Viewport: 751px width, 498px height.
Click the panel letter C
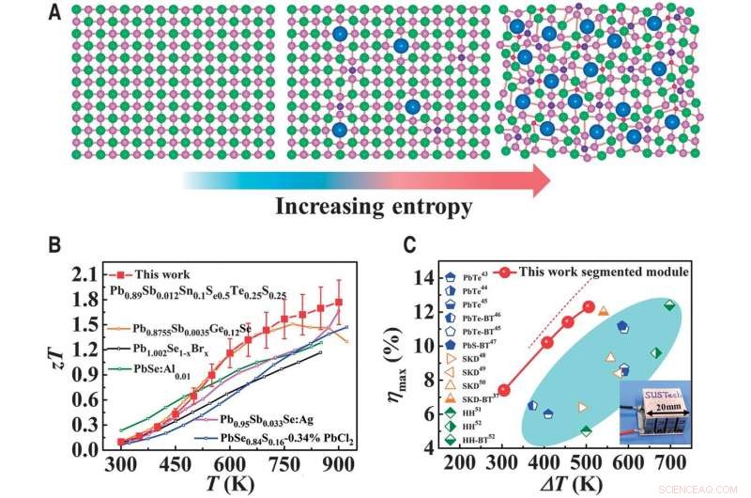(x=410, y=246)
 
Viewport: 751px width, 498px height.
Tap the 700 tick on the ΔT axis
(x=669, y=463)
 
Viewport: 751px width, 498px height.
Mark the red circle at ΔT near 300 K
(x=504, y=390)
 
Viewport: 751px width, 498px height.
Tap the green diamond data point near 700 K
(x=669, y=304)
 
